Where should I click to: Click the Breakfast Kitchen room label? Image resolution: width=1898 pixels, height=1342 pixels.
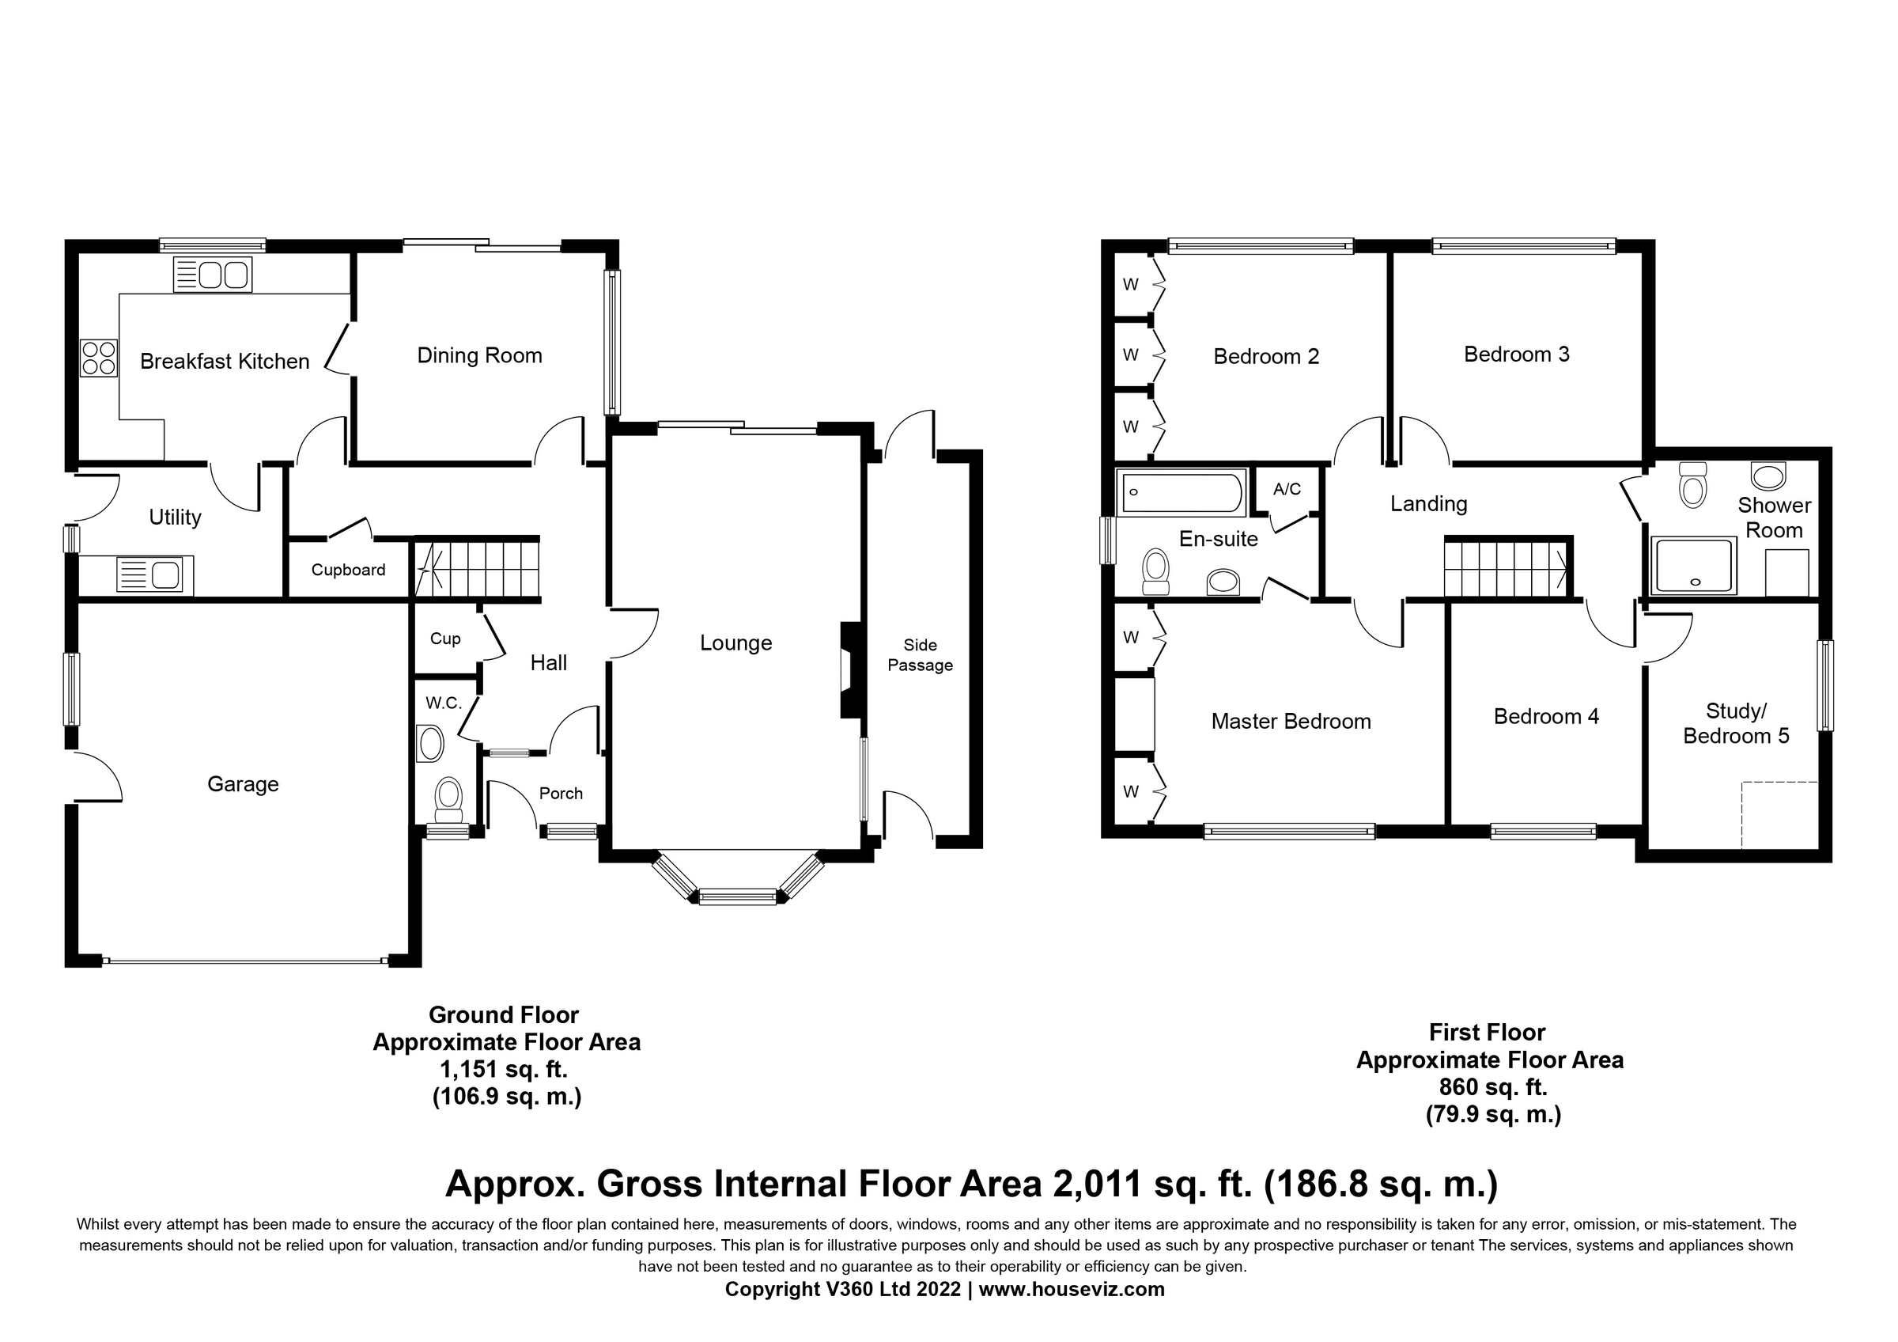(x=224, y=362)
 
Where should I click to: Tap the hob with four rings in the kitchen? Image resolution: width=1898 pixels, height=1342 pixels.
(x=99, y=359)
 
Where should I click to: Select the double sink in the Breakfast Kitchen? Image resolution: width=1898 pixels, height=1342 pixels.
(x=213, y=275)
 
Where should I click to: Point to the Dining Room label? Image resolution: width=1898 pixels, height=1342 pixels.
(x=479, y=355)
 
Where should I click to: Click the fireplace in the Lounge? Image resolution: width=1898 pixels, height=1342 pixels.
(x=851, y=669)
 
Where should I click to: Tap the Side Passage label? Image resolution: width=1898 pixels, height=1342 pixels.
(x=920, y=655)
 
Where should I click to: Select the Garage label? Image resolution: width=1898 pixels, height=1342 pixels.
(x=243, y=784)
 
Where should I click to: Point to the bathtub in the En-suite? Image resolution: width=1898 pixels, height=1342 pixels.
(x=1181, y=492)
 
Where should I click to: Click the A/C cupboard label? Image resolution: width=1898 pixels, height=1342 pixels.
(x=1287, y=490)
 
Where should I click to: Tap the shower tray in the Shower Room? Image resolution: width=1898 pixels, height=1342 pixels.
(x=1692, y=566)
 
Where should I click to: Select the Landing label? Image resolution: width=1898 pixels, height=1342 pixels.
(x=1428, y=503)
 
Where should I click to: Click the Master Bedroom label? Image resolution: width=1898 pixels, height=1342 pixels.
(x=1291, y=721)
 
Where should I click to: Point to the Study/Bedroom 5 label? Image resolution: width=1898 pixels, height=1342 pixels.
(x=1736, y=723)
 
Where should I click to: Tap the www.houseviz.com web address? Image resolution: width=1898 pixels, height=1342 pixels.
(x=1072, y=1289)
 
